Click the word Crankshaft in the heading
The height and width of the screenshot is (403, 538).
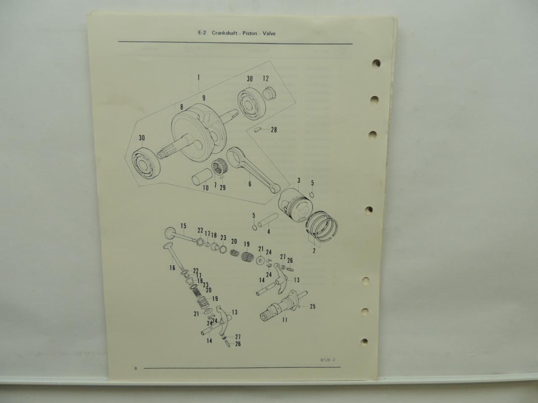224,33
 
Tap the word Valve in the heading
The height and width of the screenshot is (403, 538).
269,34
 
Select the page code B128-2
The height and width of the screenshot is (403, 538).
328,360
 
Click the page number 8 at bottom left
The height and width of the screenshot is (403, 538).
136,369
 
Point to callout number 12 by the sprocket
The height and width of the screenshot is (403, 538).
266,79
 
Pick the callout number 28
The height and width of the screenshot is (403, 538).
274,130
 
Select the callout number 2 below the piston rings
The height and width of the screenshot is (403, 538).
314,250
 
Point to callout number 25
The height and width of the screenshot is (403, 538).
313,306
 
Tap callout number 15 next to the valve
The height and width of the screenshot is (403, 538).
183,226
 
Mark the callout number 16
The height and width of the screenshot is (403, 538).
172,268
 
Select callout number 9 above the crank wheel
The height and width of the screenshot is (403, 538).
204,98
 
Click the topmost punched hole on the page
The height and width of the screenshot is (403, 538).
376,63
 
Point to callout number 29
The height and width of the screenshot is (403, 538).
222,187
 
